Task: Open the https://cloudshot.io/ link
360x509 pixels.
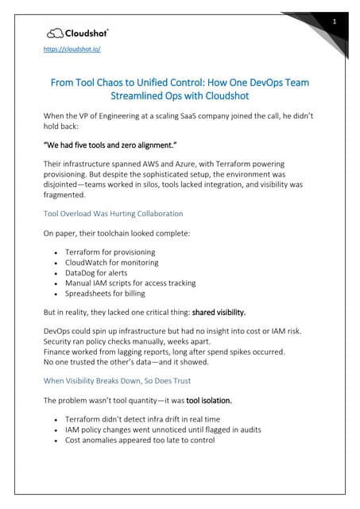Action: tap(71, 49)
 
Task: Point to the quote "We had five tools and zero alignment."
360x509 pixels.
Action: tap(120, 146)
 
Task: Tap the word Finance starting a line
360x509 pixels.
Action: tap(59, 352)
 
